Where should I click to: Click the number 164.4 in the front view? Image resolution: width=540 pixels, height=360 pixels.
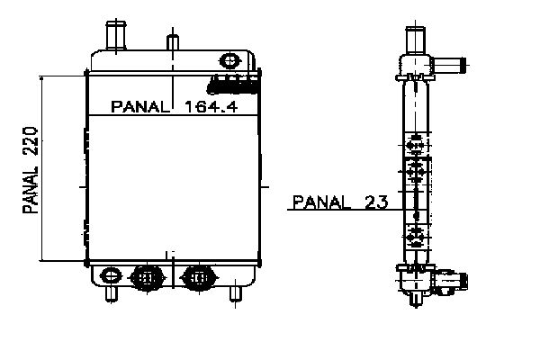211,107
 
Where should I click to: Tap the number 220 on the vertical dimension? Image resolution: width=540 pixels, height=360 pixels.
31,140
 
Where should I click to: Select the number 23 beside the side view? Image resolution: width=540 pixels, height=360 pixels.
376,202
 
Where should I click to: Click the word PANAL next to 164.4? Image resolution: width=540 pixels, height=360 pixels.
140,107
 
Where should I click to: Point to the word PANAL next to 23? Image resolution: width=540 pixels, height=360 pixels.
321,202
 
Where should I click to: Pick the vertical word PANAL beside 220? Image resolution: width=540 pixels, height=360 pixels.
31,190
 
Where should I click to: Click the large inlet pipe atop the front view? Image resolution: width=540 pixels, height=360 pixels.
116,35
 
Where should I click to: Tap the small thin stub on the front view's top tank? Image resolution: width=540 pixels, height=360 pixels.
173,42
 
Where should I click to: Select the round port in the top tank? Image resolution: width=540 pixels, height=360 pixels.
229,61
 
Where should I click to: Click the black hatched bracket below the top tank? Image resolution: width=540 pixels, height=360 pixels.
233,85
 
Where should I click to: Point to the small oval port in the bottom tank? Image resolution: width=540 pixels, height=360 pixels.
111,275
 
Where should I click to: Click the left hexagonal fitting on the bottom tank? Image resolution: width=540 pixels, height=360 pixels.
147,277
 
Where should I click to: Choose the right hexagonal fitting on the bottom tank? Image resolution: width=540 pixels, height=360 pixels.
199,277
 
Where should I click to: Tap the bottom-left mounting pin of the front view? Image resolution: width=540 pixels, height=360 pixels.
112,294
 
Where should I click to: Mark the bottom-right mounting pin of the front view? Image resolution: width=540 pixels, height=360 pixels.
236,294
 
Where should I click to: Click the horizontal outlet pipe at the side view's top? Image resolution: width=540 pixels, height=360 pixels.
449,66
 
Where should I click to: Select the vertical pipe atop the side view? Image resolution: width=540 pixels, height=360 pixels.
415,40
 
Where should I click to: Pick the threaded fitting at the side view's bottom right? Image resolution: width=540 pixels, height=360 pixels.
450,282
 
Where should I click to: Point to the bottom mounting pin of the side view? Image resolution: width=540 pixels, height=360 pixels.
416,299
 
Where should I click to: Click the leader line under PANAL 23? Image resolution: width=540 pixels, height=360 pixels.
345,210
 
